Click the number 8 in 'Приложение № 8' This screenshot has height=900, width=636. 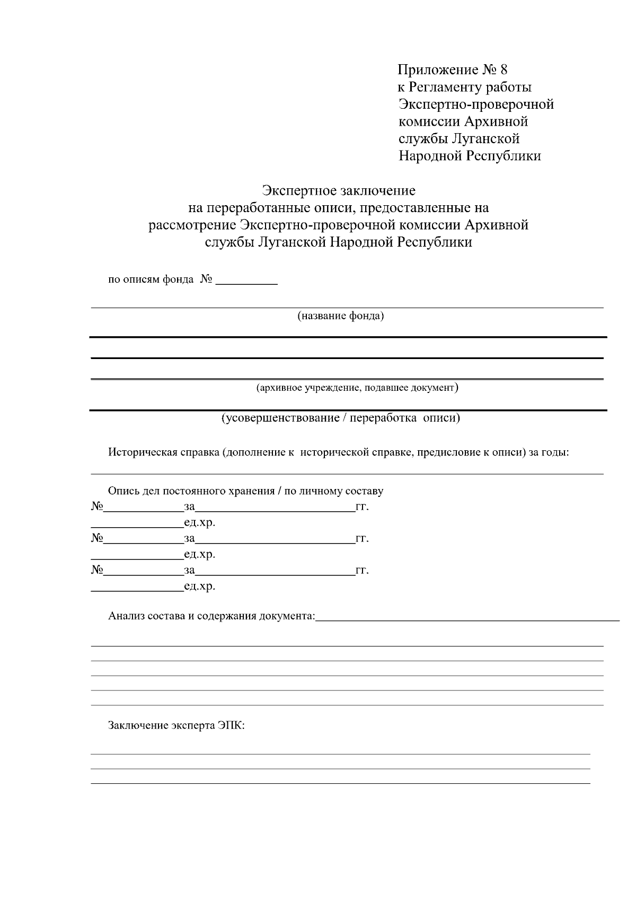tap(503, 69)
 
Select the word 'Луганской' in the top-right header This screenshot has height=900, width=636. tap(486, 139)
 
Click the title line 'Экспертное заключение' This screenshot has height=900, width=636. tap(339, 190)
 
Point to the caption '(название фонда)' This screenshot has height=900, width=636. tap(340, 317)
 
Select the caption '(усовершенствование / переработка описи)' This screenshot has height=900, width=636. tap(340, 418)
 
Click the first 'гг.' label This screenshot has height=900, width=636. tap(362, 507)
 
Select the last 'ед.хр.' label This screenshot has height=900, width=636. tap(199, 587)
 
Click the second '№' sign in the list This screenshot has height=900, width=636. tap(96, 539)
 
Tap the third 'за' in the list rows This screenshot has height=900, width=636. tap(189, 571)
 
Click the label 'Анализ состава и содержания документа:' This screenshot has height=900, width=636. tap(211, 616)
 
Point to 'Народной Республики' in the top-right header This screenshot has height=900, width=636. tap(470, 156)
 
